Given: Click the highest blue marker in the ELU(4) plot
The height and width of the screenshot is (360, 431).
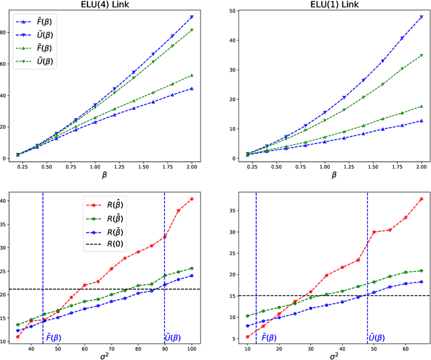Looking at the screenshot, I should tap(192, 17).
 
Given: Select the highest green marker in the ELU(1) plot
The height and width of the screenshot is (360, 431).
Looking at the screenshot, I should tap(422, 55).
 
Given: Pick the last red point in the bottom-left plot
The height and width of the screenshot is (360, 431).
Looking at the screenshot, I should tap(191, 199).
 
